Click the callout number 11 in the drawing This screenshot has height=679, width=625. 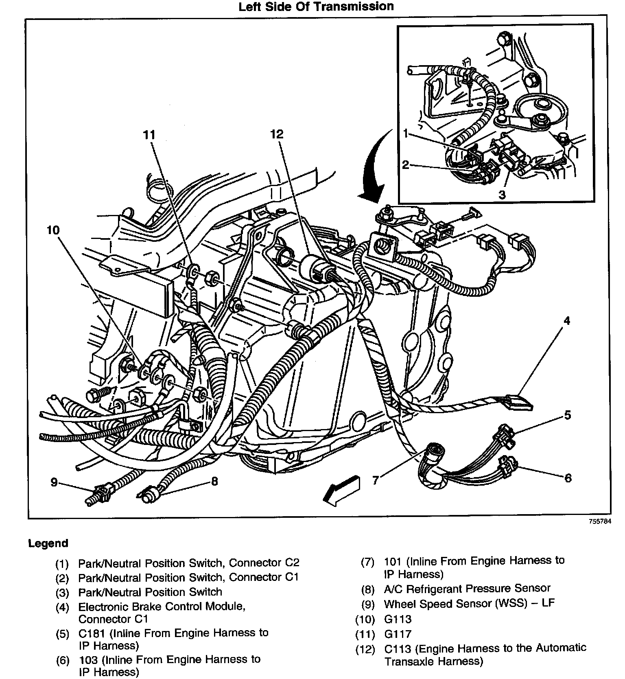click(149, 135)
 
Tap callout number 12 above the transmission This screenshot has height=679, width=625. click(277, 134)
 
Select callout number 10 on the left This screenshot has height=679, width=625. click(53, 230)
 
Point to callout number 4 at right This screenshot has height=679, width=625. click(566, 321)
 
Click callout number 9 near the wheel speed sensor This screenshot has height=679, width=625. click(55, 482)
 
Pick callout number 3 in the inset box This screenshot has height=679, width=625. click(502, 195)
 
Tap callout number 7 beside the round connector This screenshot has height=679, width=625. click(376, 480)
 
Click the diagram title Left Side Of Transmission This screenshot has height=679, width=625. click(316, 7)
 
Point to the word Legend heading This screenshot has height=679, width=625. click(48, 543)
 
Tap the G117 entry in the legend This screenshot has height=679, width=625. click(398, 634)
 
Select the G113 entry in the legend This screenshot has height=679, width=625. click(398, 619)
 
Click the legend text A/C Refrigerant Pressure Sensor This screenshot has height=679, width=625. click(467, 588)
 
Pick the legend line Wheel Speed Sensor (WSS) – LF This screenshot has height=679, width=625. click(469, 603)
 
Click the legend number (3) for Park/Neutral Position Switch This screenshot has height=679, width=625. click(62, 592)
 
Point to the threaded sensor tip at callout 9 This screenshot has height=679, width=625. click(92, 500)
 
